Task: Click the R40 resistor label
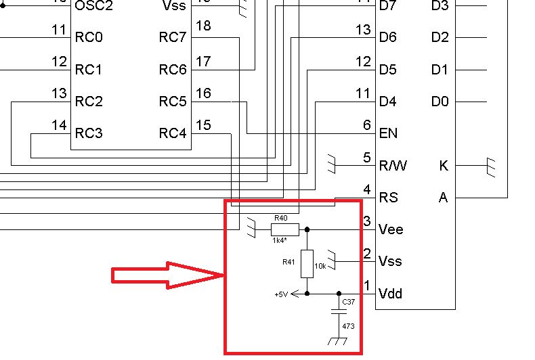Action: tap(280, 218)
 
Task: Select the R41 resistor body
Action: tap(307, 263)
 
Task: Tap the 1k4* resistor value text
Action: tap(280, 240)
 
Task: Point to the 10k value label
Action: tap(320, 266)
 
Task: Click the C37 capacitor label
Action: tap(348, 302)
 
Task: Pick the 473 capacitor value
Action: tap(348, 326)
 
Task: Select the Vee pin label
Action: tap(391, 229)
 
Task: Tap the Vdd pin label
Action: tap(391, 294)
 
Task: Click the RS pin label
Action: tap(389, 198)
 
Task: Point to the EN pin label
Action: tap(389, 133)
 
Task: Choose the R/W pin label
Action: tap(393, 165)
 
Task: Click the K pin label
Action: tap(443, 165)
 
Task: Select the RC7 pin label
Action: tap(173, 37)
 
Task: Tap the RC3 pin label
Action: tap(89, 133)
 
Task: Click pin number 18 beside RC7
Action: tap(202, 26)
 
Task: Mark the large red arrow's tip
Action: tap(223, 275)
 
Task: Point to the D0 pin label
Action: tap(440, 102)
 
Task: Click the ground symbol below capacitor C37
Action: tap(337, 342)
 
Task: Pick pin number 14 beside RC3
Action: tap(59, 125)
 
